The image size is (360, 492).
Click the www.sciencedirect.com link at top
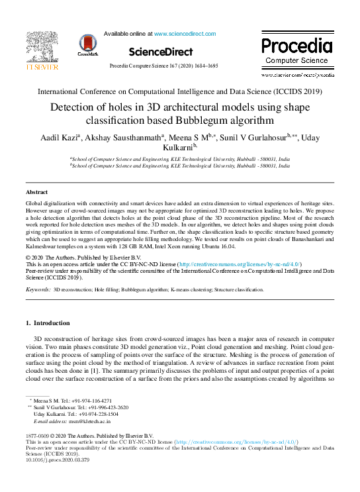pyautogui.click(x=182, y=33)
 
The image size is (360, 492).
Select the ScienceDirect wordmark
pyautogui.click(x=161, y=52)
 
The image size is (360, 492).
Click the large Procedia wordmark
pyautogui.click(x=296, y=46)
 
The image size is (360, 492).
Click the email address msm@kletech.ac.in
pyautogui.click(x=88, y=420)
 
